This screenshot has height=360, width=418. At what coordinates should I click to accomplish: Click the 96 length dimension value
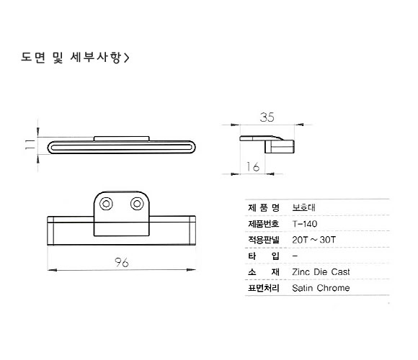coord(122,263)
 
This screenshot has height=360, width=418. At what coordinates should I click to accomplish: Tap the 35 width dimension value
coord(267,117)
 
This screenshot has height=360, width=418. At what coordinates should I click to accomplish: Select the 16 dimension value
coord(253,167)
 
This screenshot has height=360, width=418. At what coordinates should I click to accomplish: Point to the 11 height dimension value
coord(30,144)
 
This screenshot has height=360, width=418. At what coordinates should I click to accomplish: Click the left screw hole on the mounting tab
coord(106,204)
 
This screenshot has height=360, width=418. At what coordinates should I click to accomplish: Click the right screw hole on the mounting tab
coord(137,204)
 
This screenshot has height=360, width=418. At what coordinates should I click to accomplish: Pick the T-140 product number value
coord(305,224)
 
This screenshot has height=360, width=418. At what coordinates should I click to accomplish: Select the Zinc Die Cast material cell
coord(321,272)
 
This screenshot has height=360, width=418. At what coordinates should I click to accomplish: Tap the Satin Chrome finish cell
coord(321,288)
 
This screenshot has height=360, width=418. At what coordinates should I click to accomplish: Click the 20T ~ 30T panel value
coord(313,240)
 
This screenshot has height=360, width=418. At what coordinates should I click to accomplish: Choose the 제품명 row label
coord(263,207)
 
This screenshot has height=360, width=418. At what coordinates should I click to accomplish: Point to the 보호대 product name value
coord(303,207)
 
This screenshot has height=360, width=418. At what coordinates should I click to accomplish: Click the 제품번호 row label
coord(263,224)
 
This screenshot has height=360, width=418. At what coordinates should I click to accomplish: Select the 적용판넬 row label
coord(263,240)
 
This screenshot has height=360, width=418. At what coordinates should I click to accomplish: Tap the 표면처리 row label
coord(263,288)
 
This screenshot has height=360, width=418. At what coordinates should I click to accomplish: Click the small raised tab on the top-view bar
coord(122,139)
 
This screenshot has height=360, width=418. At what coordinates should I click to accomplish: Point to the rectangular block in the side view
coord(280,147)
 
